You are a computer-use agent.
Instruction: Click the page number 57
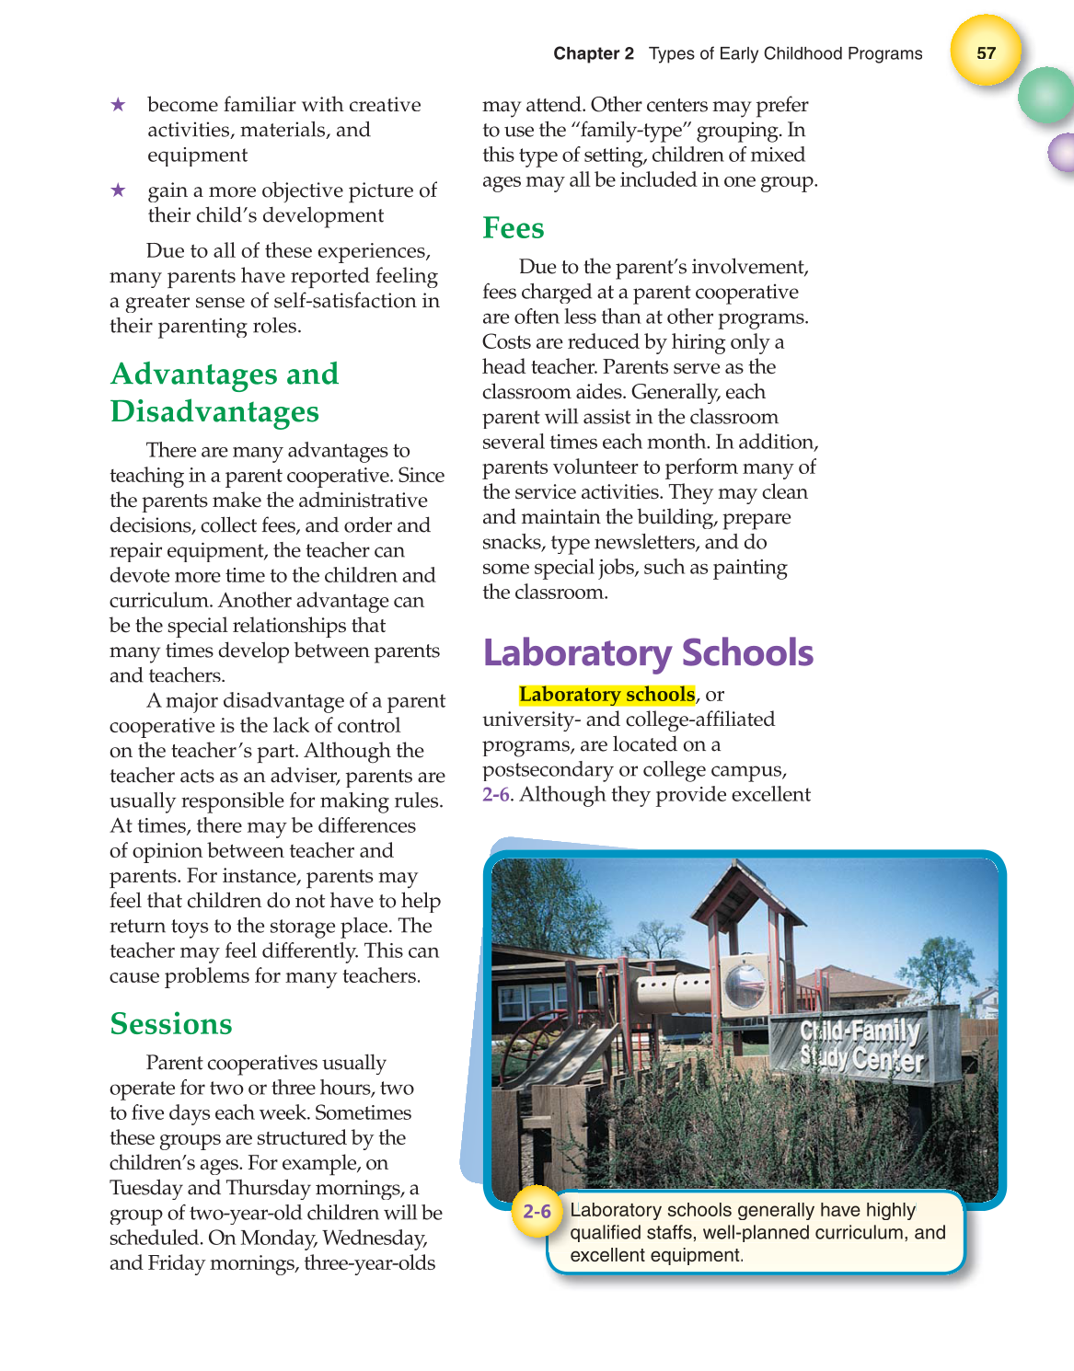pyautogui.click(x=986, y=52)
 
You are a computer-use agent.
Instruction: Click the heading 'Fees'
pyautogui.click(x=513, y=228)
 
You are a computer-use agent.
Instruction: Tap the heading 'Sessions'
pyautogui.click(x=170, y=1024)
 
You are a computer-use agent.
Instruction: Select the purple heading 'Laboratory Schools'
pyautogui.click(x=648, y=652)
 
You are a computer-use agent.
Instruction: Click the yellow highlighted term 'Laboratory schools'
pyautogui.click(x=606, y=695)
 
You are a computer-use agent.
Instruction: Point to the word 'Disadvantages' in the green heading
pyautogui.click(x=214, y=411)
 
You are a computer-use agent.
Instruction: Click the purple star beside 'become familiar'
pyautogui.click(x=118, y=105)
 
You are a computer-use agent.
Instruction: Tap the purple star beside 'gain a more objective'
pyautogui.click(x=118, y=190)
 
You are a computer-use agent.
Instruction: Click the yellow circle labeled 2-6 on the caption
pyautogui.click(x=537, y=1211)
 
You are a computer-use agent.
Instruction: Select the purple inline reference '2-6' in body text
pyautogui.click(x=495, y=795)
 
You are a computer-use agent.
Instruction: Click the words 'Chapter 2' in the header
pyautogui.click(x=593, y=53)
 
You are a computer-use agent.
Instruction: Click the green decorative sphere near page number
pyautogui.click(x=1046, y=95)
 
